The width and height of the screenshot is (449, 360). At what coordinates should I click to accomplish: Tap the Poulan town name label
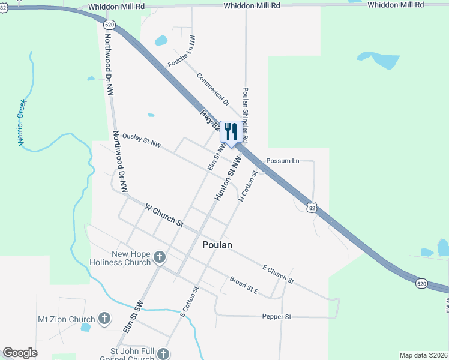pos(217,245)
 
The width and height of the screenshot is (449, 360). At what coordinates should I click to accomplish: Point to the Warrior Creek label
pos(21,122)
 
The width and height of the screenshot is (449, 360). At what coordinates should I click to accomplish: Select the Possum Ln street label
pos(282,161)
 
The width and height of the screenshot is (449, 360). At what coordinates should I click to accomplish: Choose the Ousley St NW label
pos(142,140)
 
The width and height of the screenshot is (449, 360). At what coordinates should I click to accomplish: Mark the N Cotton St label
pos(248,185)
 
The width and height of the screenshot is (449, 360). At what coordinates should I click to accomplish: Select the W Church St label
pos(164,214)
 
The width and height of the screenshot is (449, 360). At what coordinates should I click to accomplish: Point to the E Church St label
pos(278,274)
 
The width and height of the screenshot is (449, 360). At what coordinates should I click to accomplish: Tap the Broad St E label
pos(244,284)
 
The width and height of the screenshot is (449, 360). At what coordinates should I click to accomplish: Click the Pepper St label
pos(276,316)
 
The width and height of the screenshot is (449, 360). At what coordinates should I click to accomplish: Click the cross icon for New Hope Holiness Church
pos(160,258)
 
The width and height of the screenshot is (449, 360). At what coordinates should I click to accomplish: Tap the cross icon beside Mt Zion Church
pos(104,319)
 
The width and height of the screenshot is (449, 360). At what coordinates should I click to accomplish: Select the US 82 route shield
pos(310,208)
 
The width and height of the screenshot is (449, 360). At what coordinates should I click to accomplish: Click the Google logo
pos(20,353)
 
